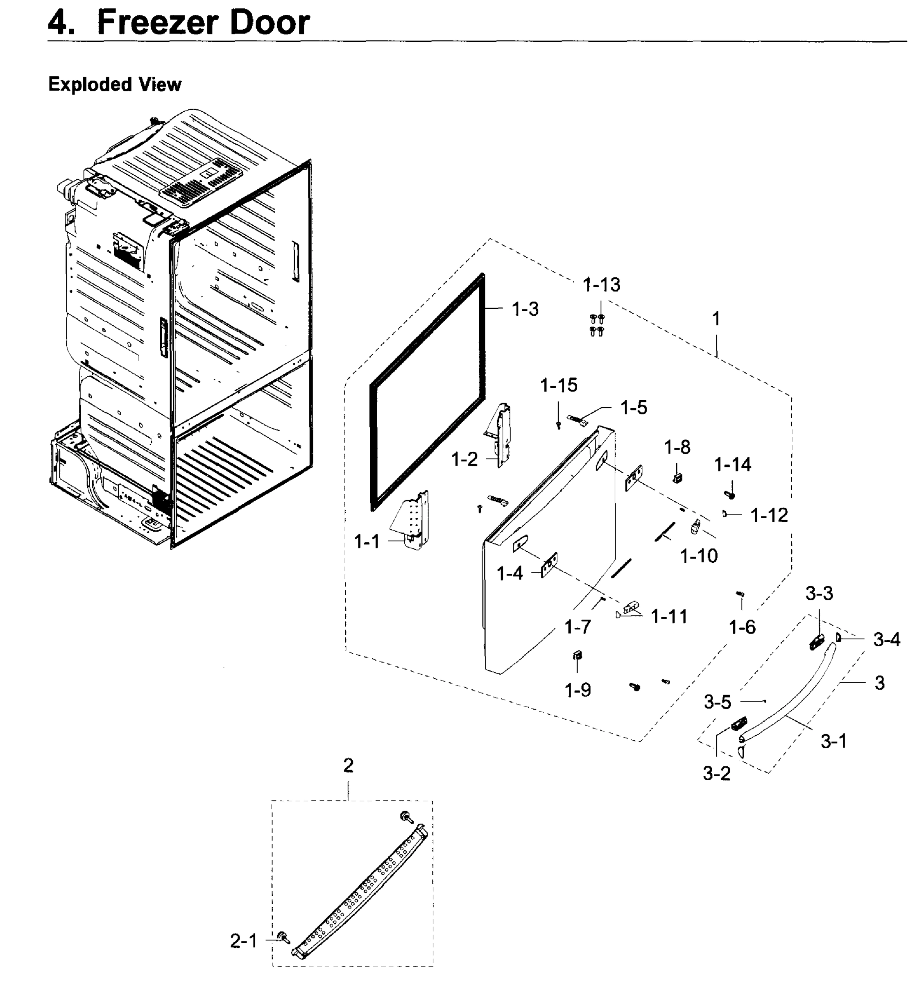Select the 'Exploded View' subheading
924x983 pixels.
click(115, 84)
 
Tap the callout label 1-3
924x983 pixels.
click(525, 310)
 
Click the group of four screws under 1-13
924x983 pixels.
click(597, 325)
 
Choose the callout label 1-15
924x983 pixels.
click(559, 385)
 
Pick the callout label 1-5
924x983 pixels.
click(633, 408)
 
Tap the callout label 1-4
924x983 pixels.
click(509, 573)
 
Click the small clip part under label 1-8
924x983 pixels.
click(677, 478)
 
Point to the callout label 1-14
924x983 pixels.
click(733, 465)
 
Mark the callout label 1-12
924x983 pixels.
click(769, 516)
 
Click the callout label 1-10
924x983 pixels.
click(699, 556)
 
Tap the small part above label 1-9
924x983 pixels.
click(577, 656)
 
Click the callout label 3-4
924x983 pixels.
click(886, 640)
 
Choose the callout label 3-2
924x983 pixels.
click(716, 773)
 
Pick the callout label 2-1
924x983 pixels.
click(243, 940)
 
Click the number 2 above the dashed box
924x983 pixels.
click(348, 766)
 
